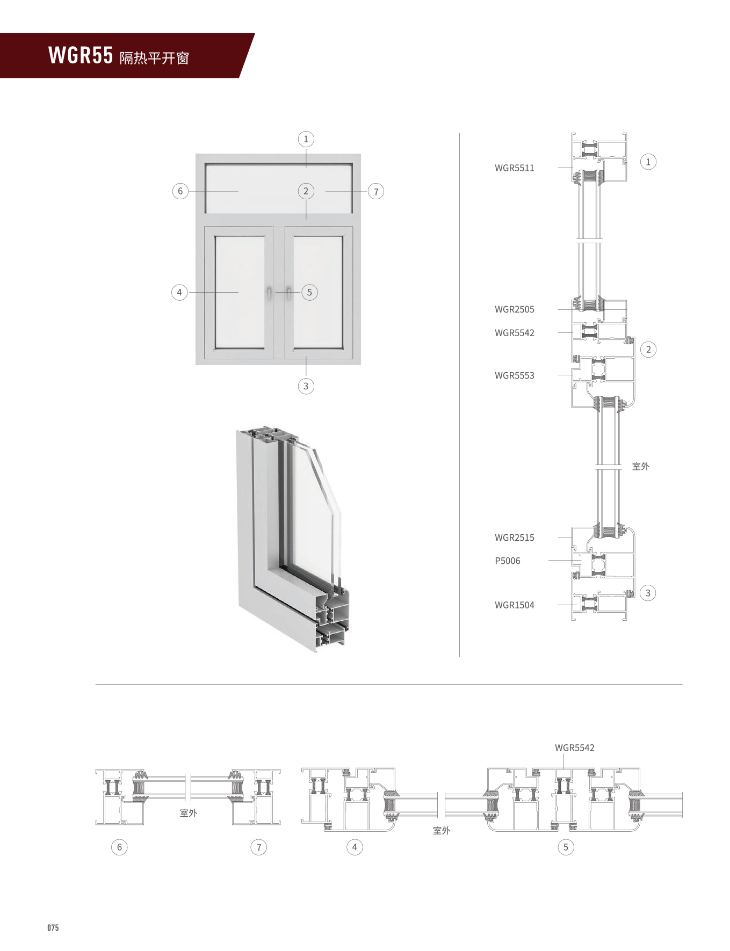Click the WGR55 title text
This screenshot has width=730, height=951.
[81, 55]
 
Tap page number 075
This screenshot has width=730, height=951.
[53, 927]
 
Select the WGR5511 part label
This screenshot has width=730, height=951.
[514, 168]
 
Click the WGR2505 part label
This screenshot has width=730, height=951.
[514, 309]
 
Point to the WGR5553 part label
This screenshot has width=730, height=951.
[514, 375]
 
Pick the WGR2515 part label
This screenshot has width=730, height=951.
[514, 538]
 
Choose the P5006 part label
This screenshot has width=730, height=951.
[507, 561]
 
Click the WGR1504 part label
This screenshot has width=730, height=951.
[514, 605]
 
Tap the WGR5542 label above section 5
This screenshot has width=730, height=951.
[574, 747]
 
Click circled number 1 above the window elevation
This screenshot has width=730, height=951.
[306, 139]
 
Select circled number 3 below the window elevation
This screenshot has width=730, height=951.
[306, 386]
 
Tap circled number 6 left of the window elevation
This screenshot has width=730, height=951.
[180, 191]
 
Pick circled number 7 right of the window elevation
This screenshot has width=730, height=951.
[376, 192]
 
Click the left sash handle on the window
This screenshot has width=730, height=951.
[269, 293]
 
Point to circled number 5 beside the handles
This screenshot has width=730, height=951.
[309, 293]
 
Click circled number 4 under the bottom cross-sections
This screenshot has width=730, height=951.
[355, 847]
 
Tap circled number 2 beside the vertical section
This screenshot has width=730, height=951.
[648, 350]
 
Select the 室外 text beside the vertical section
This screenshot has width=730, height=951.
[640, 466]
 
